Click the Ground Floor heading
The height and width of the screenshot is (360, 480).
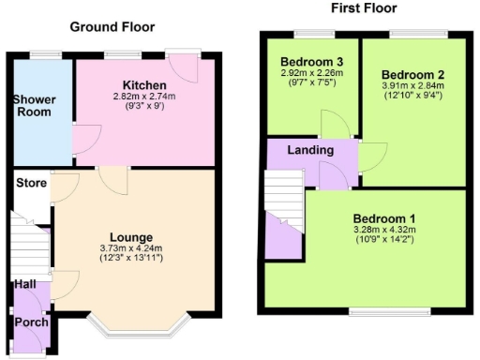click(x=112, y=26)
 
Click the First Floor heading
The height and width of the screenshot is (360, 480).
click(x=365, y=8)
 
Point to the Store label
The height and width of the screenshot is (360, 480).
click(x=30, y=183)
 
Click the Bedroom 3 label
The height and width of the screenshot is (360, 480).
click(x=308, y=63)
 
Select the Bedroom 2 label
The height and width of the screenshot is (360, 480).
click(x=413, y=74)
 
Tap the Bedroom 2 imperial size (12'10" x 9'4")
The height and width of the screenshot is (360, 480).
click(x=413, y=98)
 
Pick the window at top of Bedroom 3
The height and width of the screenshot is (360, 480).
click(x=307, y=35)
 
